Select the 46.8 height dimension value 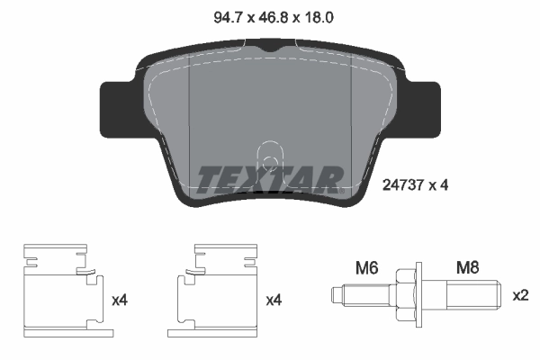point(269,14)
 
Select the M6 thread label point(364,266)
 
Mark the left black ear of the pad point(117,108)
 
